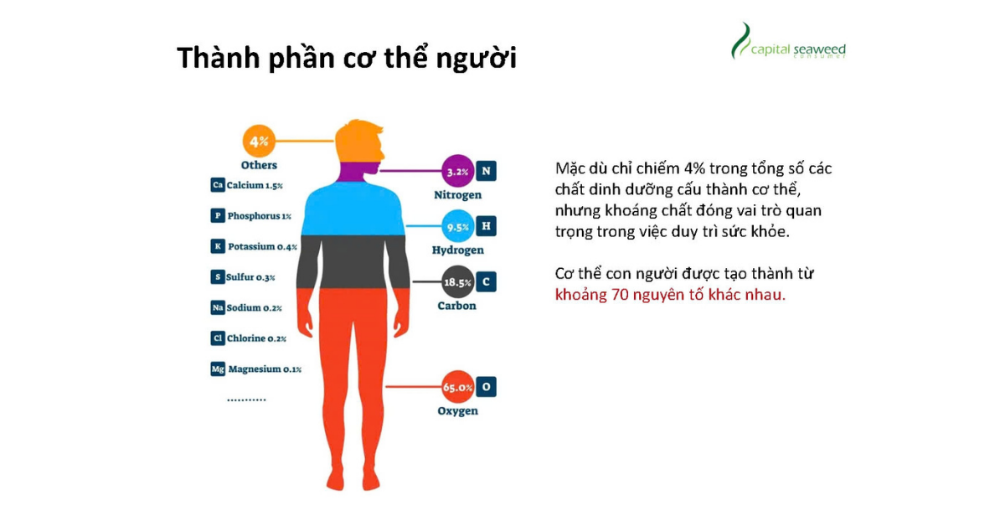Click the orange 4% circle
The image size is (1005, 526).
click(x=259, y=142)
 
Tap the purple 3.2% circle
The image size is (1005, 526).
click(x=457, y=171)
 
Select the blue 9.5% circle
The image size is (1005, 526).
click(x=457, y=226)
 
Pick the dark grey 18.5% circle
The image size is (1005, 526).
click(x=457, y=282)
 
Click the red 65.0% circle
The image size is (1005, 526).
click(x=457, y=387)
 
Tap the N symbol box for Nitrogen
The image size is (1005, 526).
click(x=486, y=171)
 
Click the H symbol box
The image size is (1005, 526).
click(x=486, y=226)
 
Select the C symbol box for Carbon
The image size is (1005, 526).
click(x=486, y=282)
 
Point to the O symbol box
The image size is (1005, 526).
click(x=486, y=387)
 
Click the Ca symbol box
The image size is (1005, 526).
click(x=218, y=185)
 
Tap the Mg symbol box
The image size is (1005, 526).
click(x=218, y=369)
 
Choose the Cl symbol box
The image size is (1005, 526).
click(x=218, y=338)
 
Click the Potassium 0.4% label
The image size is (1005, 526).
click(x=262, y=246)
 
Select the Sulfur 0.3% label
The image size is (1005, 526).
click(x=250, y=277)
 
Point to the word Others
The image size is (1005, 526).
click(x=259, y=165)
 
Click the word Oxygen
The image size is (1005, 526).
click(x=457, y=411)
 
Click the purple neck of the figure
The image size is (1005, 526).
click(x=354, y=172)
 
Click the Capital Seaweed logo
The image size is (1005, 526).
click(x=788, y=41)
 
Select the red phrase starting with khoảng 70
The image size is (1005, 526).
click(x=670, y=295)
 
